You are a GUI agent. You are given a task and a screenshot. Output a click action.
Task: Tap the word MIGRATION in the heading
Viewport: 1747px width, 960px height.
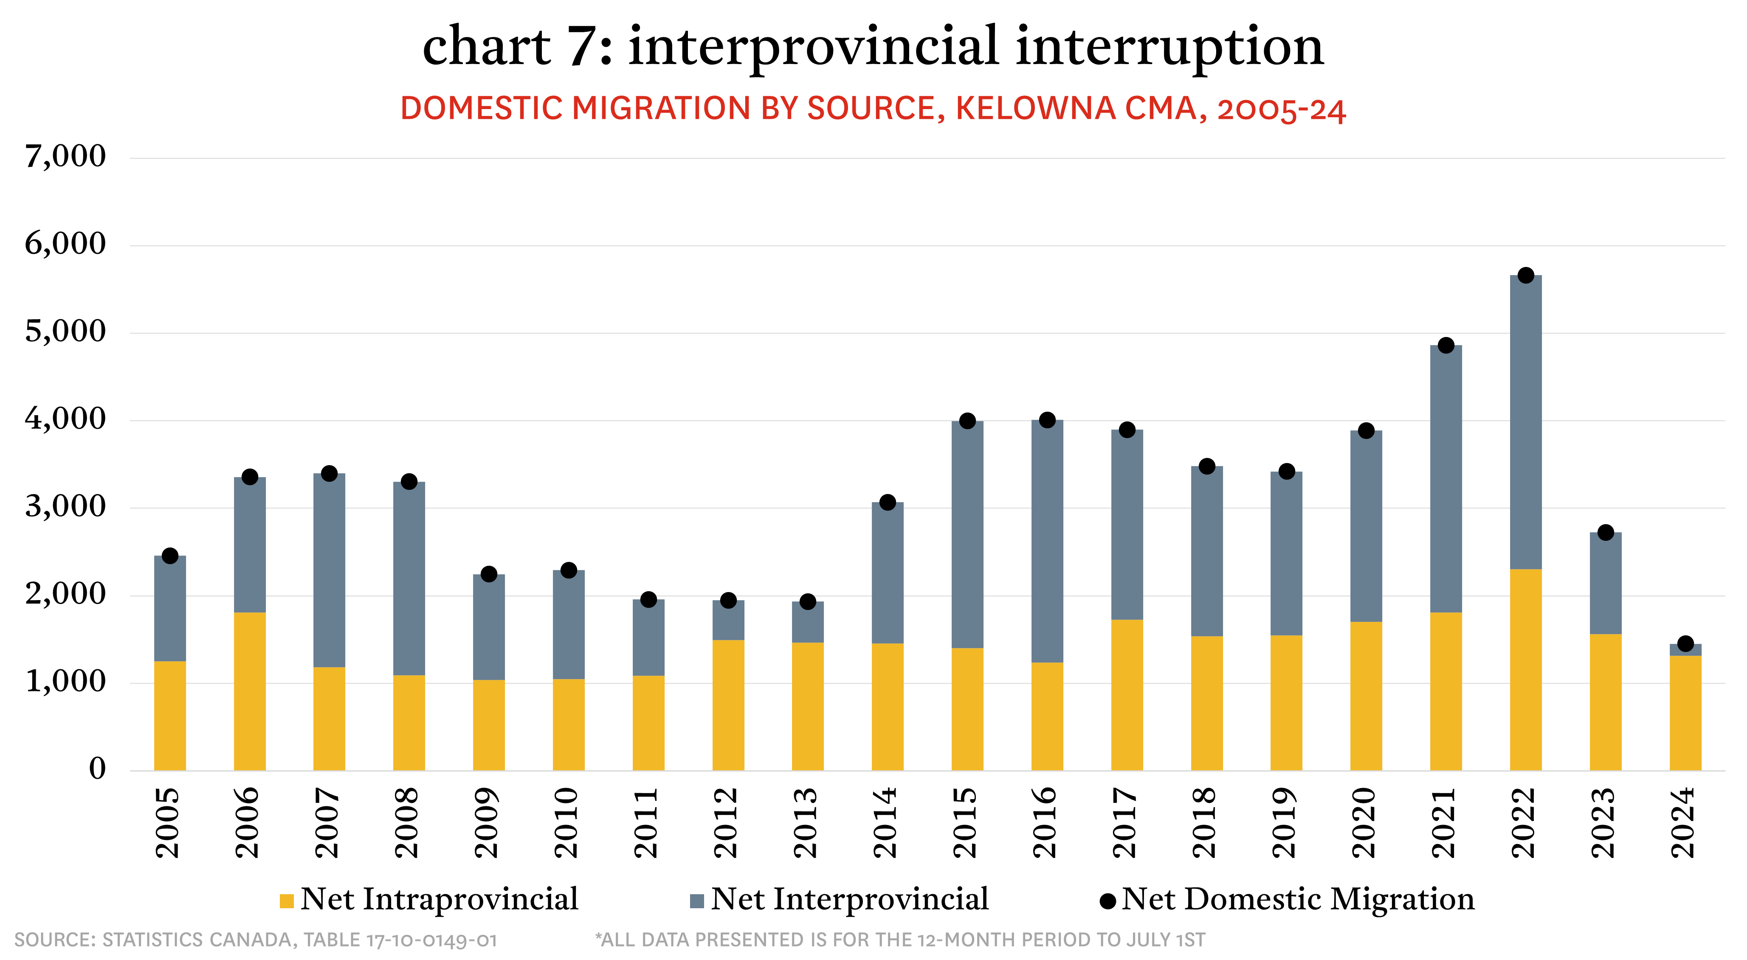click(x=661, y=109)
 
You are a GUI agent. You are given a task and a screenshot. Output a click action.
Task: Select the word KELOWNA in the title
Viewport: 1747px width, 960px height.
click(x=1035, y=109)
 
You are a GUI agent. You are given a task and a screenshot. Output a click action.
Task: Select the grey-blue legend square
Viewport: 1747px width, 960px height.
click(x=696, y=901)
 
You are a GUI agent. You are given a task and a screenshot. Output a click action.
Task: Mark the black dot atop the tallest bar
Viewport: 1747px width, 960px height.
click(x=1526, y=277)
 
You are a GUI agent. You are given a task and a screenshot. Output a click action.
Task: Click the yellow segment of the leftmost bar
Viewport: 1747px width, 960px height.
click(x=170, y=715)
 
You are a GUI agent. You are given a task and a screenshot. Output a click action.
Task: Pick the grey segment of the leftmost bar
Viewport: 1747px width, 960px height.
click(x=170, y=610)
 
